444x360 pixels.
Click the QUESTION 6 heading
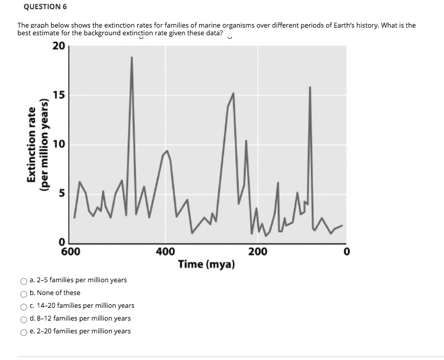[x=45, y=7]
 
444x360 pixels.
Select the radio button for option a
[x=24, y=281]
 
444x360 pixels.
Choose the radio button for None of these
[x=24, y=294]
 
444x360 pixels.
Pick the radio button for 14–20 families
[x=24, y=306]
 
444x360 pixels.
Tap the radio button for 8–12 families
[x=24, y=319]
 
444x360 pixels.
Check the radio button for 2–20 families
[x=24, y=332]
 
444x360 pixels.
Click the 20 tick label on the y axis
[x=58, y=47]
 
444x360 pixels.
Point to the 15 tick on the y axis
[x=58, y=95]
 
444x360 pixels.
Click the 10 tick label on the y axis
[x=58, y=145]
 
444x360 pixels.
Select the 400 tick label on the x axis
[x=165, y=251]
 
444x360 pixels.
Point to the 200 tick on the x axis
[x=257, y=251]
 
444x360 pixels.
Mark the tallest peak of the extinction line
[x=131, y=57]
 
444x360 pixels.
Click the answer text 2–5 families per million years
[x=78, y=280]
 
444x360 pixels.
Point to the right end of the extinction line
[x=342, y=226]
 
